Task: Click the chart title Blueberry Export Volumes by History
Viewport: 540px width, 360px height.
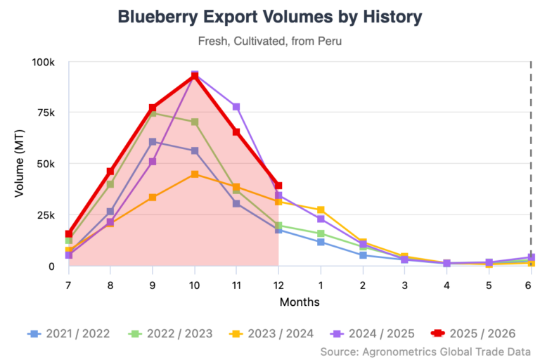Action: point(270,17)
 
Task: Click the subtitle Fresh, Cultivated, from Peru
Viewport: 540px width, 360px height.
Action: point(270,41)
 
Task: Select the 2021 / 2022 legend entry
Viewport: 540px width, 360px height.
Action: point(69,333)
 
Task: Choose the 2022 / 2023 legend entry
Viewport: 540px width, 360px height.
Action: point(172,333)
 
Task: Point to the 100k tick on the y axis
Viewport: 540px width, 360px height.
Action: point(44,62)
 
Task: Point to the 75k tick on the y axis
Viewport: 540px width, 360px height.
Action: point(46,112)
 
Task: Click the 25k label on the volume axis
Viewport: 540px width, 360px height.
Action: point(46,214)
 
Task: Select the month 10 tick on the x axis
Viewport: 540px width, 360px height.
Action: point(194,286)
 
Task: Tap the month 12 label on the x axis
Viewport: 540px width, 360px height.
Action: point(278,286)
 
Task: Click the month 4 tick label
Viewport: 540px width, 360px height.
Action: point(446,286)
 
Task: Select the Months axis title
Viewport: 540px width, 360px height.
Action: point(300,302)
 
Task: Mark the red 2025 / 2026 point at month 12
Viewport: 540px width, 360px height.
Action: point(278,186)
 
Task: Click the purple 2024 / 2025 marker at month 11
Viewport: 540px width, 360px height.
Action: point(236,107)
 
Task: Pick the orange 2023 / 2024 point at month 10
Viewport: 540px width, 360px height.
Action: point(194,174)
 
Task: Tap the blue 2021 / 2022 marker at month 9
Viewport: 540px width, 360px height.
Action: point(152,142)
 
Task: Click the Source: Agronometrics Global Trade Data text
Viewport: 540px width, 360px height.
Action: point(425,351)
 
